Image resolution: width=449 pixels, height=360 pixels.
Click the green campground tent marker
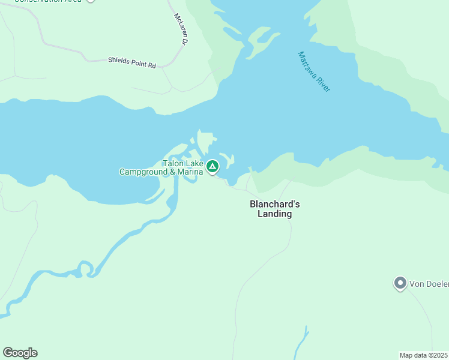coord(212,166)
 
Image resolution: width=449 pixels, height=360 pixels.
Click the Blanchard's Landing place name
coord(274,209)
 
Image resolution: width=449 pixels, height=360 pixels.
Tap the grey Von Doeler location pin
coord(400,283)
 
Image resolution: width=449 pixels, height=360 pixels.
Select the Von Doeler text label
coord(429,283)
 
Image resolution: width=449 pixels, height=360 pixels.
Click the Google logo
coord(20,353)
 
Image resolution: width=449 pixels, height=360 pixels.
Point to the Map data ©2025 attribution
coord(424,355)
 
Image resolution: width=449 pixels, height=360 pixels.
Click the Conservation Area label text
coord(48,1)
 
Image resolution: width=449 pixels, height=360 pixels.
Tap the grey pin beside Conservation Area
coord(90,1)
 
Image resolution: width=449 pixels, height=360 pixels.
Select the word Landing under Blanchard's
coord(274,214)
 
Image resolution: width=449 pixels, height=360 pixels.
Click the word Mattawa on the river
coord(309,64)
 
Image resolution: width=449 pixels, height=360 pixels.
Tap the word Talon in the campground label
coord(173,163)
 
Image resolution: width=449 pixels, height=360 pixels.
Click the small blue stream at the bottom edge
coord(302,342)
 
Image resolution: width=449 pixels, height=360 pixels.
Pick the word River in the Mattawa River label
coord(324,83)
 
